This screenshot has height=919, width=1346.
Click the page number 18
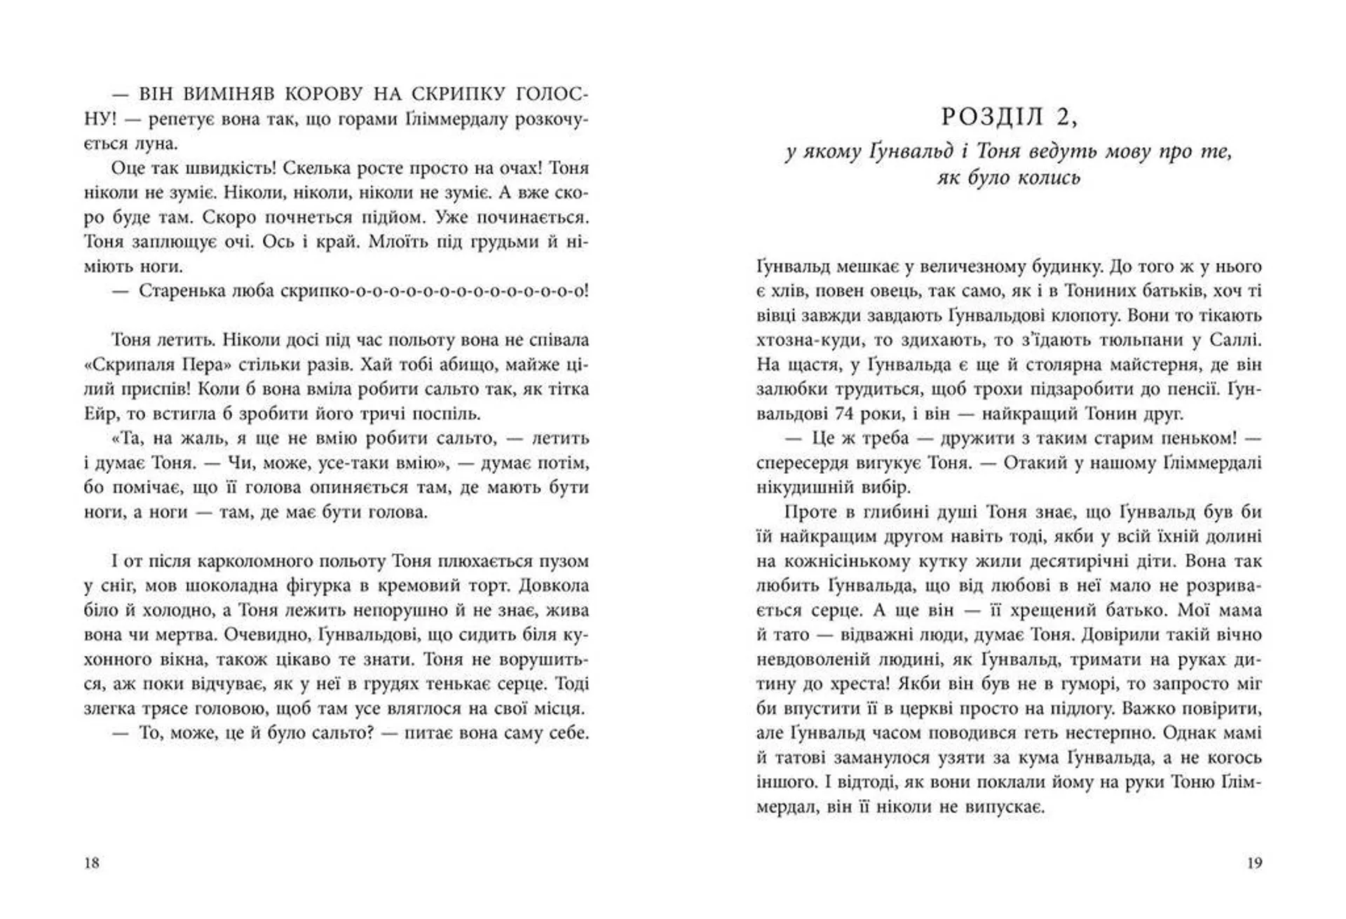click(92, 863)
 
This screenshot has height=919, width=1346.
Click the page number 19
click(1254, 863)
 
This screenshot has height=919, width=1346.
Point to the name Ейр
click(99, 414)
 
